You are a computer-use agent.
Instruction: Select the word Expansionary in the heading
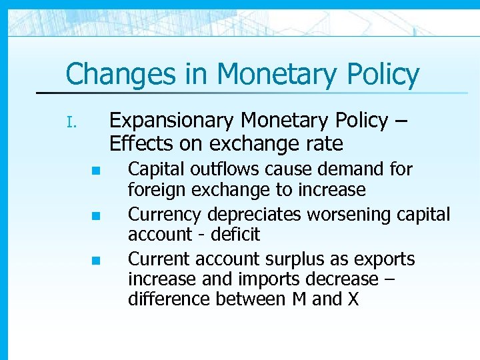tap(172, 121)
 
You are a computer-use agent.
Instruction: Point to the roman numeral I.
tap(73, 123)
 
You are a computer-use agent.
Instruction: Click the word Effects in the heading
tap(137, 143)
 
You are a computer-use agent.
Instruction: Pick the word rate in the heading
tap(324, 143)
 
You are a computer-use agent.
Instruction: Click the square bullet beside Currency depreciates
tap(95, 216)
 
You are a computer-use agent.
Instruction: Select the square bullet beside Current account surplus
tap(95, 260)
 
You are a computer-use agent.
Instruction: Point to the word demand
tap(347, 169)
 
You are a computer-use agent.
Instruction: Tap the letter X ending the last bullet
tap(353, 299)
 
